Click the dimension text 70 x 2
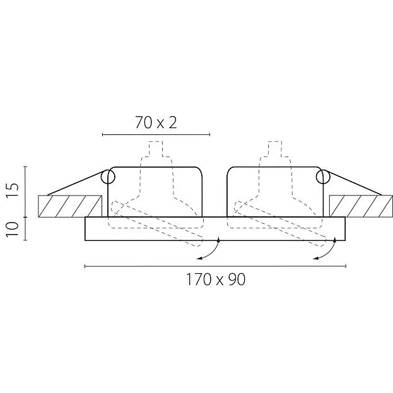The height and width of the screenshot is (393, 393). coord(156,122)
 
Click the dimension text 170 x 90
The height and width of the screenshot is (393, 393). coord(216,279)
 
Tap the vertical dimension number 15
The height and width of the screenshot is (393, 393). coord(13,191)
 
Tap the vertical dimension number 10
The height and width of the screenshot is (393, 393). coord(13,229)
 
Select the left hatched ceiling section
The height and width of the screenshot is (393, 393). coord(70,206)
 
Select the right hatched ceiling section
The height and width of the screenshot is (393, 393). coord(361,206)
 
